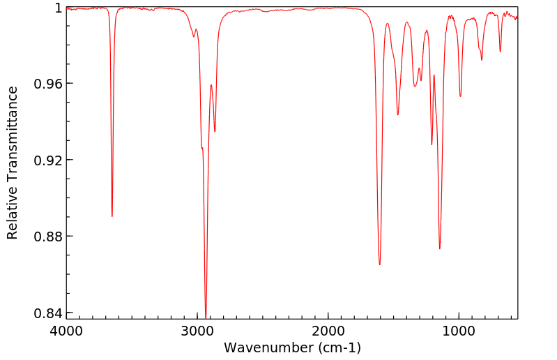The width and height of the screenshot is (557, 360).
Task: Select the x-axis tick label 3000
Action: point(197,330)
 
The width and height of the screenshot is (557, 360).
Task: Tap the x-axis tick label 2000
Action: point(328,330)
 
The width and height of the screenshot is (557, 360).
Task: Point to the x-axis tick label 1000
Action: point(459,330)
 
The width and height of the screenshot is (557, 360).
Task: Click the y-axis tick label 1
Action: point(57,8)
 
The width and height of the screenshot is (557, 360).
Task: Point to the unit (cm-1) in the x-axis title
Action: point(339,347)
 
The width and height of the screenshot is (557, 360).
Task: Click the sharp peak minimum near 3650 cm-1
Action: point(112,216)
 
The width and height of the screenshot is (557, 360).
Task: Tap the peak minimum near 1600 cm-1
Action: point(380,264)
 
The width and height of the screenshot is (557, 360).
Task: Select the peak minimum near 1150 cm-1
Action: point(440,248)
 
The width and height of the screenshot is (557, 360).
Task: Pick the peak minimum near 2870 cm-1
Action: point(215,131)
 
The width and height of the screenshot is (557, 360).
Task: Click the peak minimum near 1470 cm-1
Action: point(398,115)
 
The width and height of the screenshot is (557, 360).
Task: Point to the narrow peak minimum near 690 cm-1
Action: point(500,52)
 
